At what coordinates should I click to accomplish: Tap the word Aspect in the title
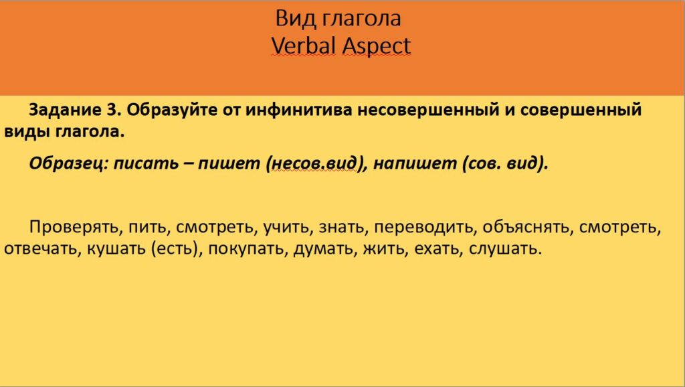pos(376,46)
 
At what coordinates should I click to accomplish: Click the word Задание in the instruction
pos(58,109)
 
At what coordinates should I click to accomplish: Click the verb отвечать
pos(41,250)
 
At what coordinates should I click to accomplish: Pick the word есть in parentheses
pos(176,250)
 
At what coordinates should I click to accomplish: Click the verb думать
pos(317,250)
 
